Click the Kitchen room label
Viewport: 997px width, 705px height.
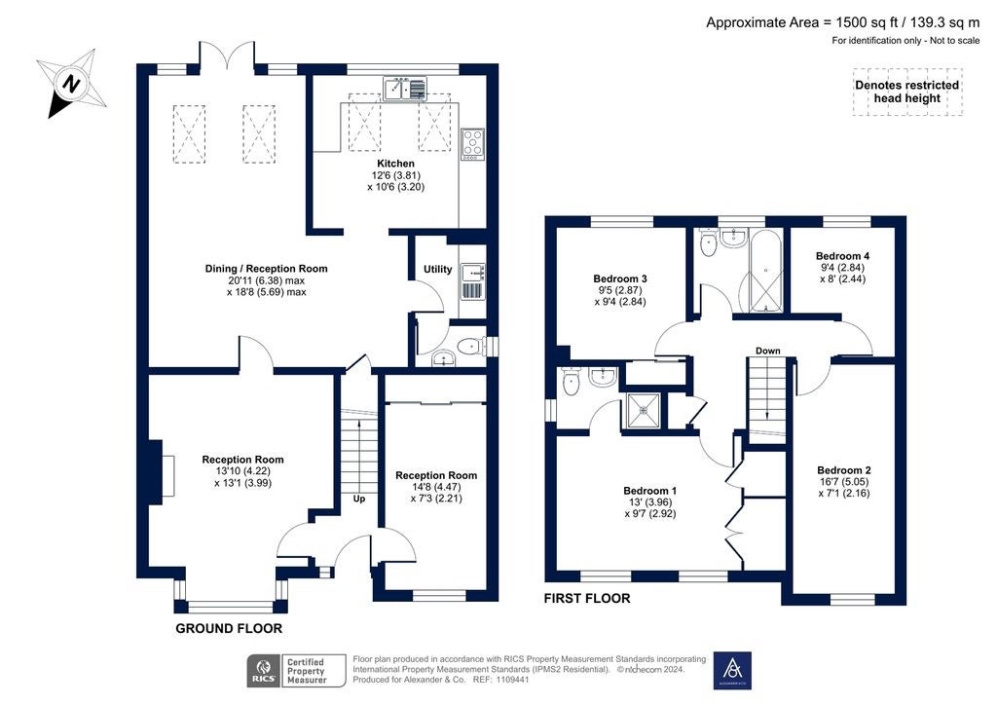pyautogui.click(x=395, y=164)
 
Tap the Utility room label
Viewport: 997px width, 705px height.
pyautogui.click(x=437, y=270)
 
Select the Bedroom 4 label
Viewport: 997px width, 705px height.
pyautogui.click(x=842, y=256)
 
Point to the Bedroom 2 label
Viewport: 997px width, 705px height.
pyautogui.click(x=844, y=470)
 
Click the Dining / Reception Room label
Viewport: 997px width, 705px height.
pyautogui.click(x=267, y=268)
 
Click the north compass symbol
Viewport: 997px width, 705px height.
pyautogui.click(x=72, y=84)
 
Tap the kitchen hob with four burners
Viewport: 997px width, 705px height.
pyautogui.click(x=472, y=144)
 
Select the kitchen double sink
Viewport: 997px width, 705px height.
pyautogui.click(x=405, y=89)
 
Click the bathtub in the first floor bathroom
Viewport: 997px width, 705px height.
pyautogui.click(x=765, y=272)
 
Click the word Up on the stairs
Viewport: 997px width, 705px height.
pyautogui.click(x=359, y=499)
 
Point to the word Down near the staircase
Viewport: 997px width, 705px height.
pyautogui.click(x=767, y=351)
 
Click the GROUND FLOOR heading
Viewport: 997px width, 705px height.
pyautogui.click(x=229, y=629)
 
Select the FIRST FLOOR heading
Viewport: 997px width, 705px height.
pyautogui.click(x=587, y=598)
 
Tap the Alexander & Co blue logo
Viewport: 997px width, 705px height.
pyautogui.click(x=732, y=671)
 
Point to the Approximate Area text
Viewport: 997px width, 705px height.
pyautogui.click(x=843, y=23)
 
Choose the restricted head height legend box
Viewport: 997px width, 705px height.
pyautogui.click(x=907, y=92)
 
